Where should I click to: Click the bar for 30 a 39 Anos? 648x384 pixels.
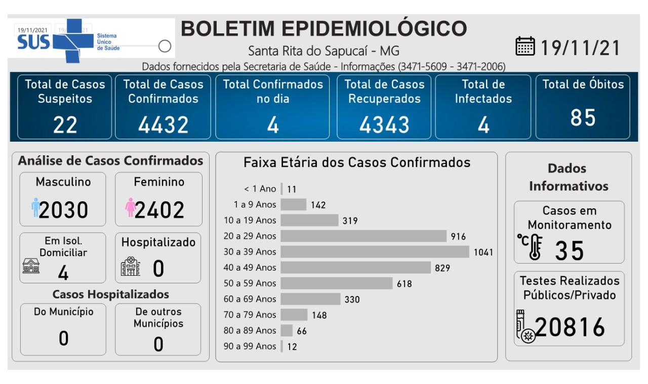coord(375,251)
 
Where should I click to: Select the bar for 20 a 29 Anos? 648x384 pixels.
coord(363,236)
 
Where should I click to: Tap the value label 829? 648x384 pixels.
coord(442,268)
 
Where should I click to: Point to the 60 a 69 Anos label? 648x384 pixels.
coord(250,299)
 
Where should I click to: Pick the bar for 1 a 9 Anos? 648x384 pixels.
coord(293,204)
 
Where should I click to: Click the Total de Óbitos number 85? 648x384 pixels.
coord(583,118)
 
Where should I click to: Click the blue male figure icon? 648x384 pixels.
coord(35,207)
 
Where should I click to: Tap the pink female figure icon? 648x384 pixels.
coord(131,207)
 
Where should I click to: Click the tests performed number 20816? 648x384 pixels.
coord(570,327)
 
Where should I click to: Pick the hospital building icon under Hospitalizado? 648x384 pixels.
coord(131,267)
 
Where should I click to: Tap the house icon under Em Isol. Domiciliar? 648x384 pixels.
coord(31,266)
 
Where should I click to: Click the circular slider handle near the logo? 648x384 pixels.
coord(165,46)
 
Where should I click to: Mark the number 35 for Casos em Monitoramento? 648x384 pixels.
coord(570,250)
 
